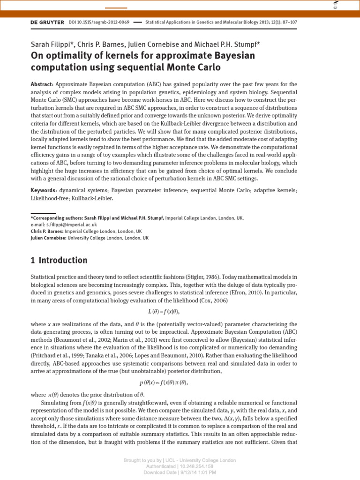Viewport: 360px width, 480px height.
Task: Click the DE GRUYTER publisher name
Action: click(47, 22)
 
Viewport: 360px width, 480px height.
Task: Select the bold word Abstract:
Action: click(42, 84)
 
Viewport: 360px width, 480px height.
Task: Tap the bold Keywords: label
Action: click(44, 191)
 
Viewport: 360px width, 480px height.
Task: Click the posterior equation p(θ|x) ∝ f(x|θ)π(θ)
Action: click(164, 382)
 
